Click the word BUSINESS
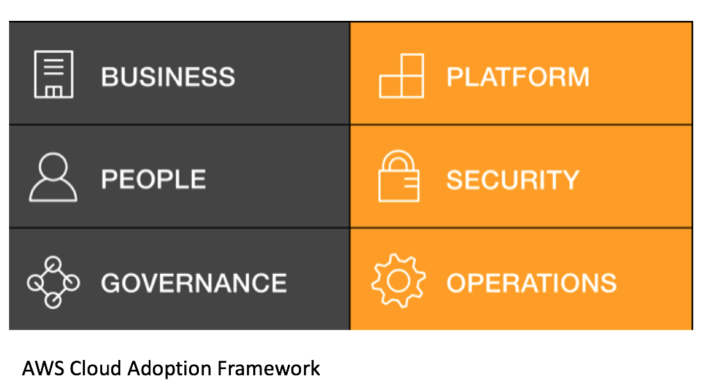[x=168, y=76]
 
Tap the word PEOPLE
[x=154, y=179]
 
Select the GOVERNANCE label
[x=194, y=283]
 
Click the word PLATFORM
[x=518, y=76]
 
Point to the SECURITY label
[x=512, y=179]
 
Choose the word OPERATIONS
[x=532, y=283]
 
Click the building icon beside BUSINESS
[x=54, y=74]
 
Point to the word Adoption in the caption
[x=170, y=369]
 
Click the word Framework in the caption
[x=269, y=368]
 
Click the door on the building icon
[x=54, y=92]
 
